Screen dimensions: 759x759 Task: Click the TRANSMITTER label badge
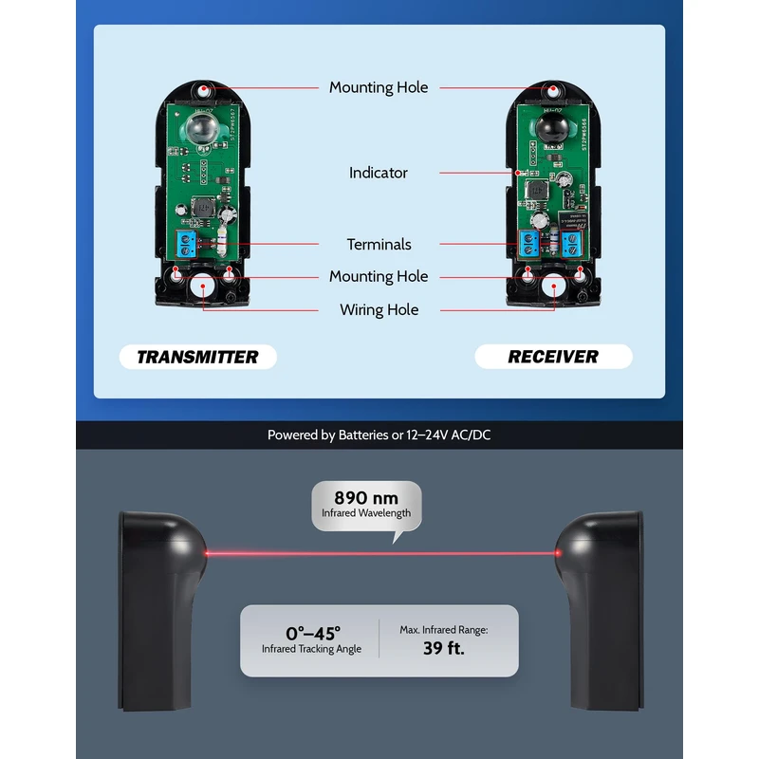(x=197, y=357)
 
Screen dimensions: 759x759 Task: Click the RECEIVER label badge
(x=553, y=357)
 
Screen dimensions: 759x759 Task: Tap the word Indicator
(x=379, y=173)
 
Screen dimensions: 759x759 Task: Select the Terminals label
(x=379, y=244)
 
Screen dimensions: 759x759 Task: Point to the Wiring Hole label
(x=379, y=309)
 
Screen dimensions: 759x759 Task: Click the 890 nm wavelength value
(x=365, y=497)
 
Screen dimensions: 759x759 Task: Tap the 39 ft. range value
(x=443, y=649)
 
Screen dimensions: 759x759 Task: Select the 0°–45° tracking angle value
(x=312, y=632)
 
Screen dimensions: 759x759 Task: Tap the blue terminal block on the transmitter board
(x=187, y=244)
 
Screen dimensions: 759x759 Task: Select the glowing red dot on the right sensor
(x=561, y=552)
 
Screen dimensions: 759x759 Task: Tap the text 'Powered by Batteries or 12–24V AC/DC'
(x=379, y=435)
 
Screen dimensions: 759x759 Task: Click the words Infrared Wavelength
(x=365, y=513)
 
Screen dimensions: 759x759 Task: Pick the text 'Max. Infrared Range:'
(x=443, y=629)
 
